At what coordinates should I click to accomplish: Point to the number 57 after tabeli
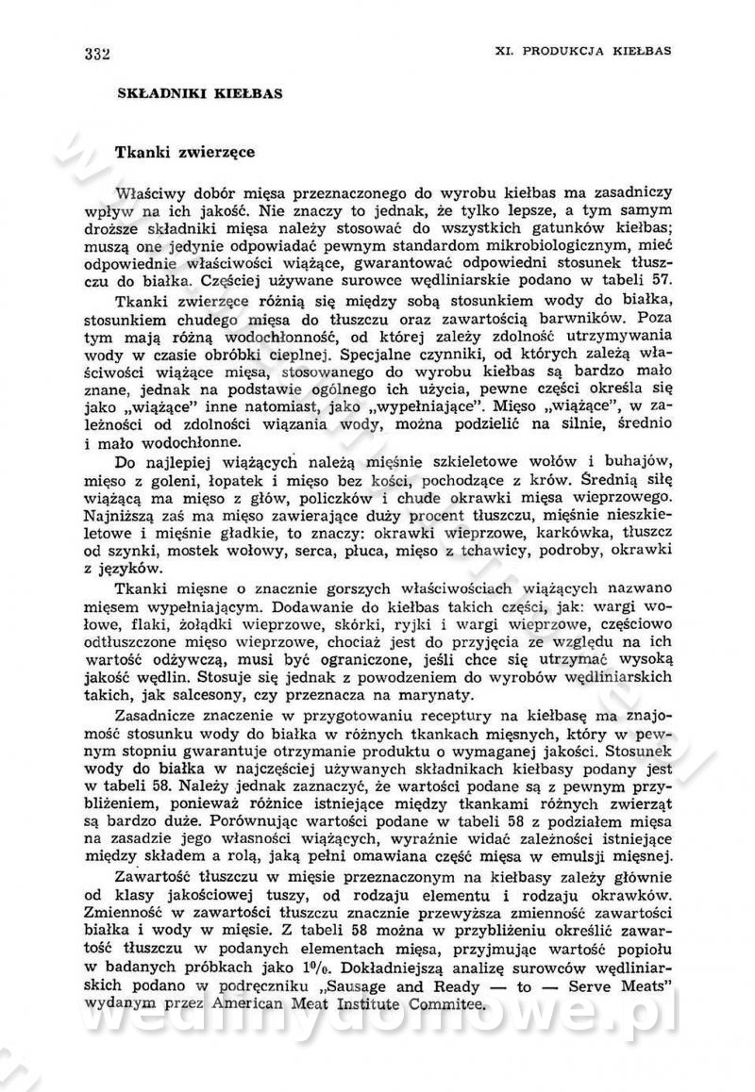pos(661,281)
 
